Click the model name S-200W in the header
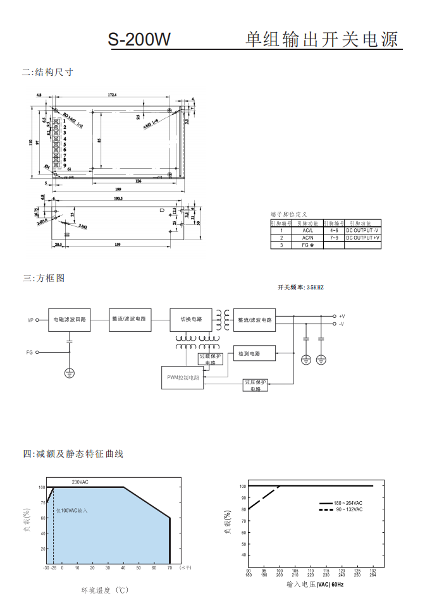click(139, 39)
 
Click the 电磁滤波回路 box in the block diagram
click(70, 320)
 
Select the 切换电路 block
click(191, 319)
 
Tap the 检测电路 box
click(255, 354)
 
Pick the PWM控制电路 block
click(183, 377)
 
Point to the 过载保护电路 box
click(211, 359)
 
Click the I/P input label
click(30, 320)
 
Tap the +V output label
click(342, 315)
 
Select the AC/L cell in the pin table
click(307, 231)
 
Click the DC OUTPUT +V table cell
click(362, 238)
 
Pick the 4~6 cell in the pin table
click(334, 231)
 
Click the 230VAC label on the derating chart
click(80, 482)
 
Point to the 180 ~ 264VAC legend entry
click(348, 503)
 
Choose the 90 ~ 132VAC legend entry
click(348, 509)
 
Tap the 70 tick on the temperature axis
click(169, 568)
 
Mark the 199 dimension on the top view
click(118, 190)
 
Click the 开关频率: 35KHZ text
click(300, 288)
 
